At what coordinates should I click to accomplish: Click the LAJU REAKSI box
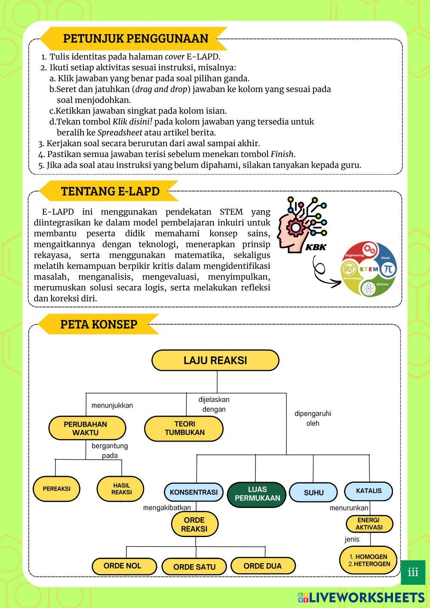coord(215,360)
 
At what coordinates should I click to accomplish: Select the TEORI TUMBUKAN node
coord(184,428)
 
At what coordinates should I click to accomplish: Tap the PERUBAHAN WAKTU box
coord(87,428)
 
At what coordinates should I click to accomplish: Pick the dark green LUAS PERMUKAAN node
coord(257,494)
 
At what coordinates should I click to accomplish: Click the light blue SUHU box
coord(313,492)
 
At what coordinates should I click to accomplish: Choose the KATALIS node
coord(369,491)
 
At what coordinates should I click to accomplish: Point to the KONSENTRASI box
coord(193,492)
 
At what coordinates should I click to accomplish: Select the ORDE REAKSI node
coord(194,524)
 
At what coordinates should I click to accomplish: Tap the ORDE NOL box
coord(122,566)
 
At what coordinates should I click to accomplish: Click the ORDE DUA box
coord(262,566)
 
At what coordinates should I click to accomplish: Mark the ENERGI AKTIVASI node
coord(369,524)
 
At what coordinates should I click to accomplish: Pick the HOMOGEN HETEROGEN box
coord(369,560)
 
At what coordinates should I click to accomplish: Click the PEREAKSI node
coord(56,489)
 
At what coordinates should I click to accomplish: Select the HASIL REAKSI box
coord(121,489)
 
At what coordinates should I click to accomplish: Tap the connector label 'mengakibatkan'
coord(167,508)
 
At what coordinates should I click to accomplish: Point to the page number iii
coord(413,572)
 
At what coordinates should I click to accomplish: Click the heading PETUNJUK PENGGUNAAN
coord(135,38)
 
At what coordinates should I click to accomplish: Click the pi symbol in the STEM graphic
coord(388,269)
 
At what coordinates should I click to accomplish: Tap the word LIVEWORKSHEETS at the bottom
coord(366,597)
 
